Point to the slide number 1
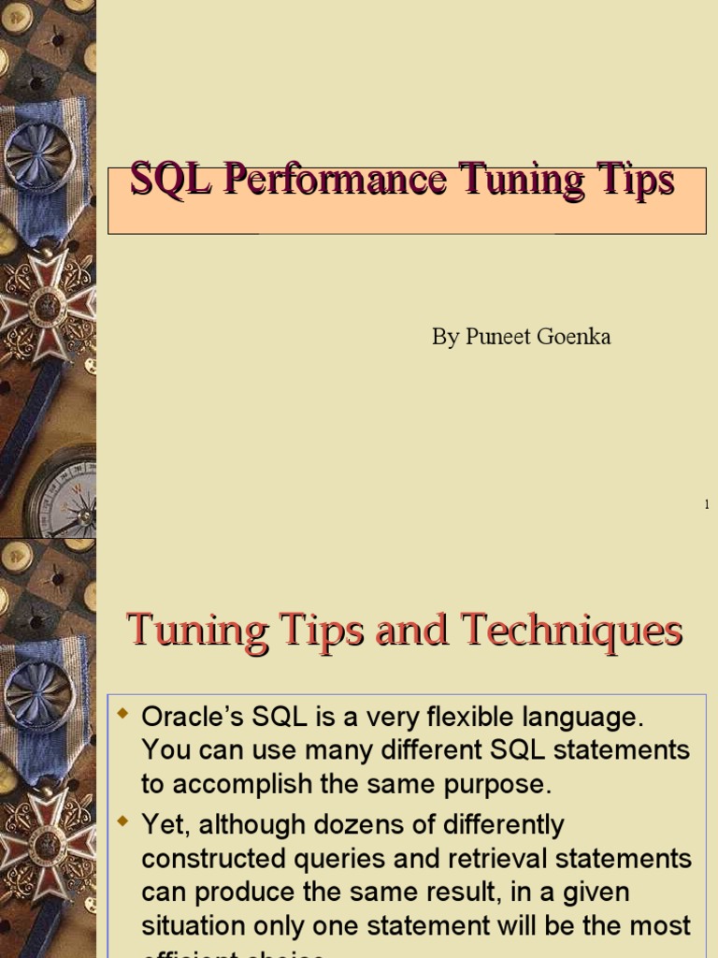coord(707,505)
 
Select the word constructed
coord(206,859)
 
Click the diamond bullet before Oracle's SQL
coord(122,716)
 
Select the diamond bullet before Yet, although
coord(122,823)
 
